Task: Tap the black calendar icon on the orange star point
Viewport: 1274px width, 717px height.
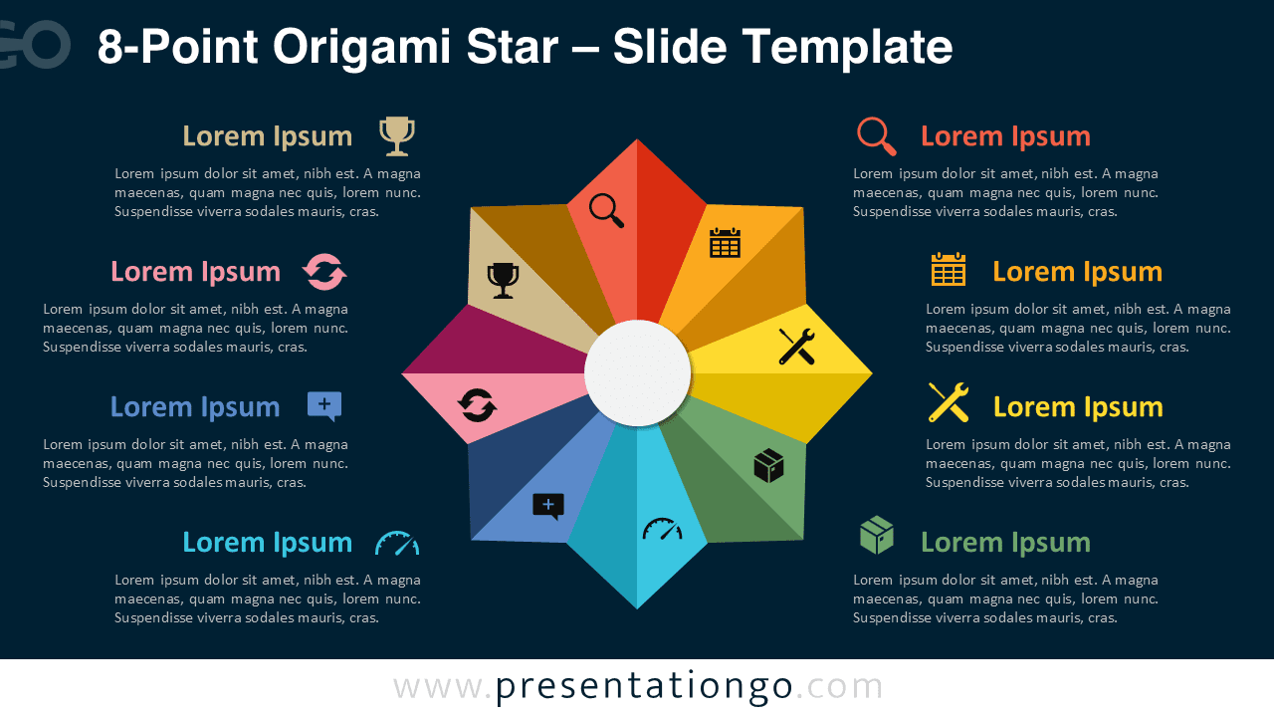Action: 726,243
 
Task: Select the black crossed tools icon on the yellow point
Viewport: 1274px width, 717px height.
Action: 796,346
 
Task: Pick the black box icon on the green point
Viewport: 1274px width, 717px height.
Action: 768,465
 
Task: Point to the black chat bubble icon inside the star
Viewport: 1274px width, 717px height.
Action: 548,506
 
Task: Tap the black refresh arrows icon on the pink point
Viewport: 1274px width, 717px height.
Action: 477,405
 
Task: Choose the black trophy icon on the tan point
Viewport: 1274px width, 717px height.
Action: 503,280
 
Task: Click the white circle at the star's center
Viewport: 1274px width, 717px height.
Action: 637,372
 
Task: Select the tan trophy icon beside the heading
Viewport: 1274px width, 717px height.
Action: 397,136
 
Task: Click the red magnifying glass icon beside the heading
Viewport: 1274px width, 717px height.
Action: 877,136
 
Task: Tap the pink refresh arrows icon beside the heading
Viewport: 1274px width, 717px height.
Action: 324,272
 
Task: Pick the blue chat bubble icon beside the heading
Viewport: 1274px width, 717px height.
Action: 324,405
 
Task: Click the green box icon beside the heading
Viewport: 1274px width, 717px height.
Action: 877,535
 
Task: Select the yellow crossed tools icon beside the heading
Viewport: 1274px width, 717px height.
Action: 949,402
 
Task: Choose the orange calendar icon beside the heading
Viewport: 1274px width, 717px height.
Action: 949,269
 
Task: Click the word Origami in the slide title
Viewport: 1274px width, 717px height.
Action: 361,47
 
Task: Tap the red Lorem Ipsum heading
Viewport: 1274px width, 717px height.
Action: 1005,136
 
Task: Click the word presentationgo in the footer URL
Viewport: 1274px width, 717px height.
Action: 644,687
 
